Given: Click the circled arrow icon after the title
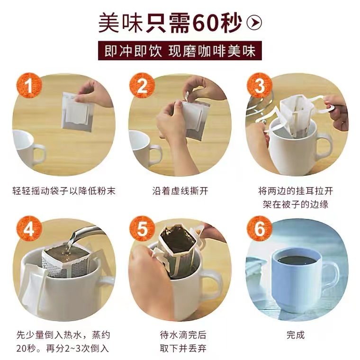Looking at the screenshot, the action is (x=254, y=22).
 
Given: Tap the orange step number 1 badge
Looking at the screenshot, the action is (x=29, y=85).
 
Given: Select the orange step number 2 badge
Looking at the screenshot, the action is (x=142, y=85).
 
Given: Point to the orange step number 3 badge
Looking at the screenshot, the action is (x=260, y=85).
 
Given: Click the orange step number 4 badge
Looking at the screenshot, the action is (x=29, y=229).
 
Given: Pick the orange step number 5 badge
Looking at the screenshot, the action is (x=142, y=229).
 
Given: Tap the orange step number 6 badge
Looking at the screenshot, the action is (x=260, y=229).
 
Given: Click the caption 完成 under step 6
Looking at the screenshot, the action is (x=296, y=335).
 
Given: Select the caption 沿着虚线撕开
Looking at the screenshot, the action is (x=180, y=191).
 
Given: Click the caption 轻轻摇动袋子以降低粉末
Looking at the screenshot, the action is (x=64, y=191).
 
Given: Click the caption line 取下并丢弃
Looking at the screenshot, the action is (x=183, y=349).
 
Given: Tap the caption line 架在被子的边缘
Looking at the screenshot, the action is (x=296, y=204).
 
